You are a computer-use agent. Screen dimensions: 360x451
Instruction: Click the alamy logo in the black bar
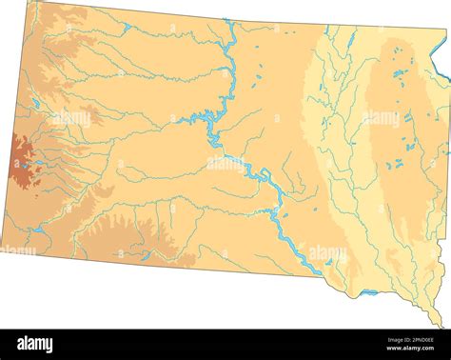[x=36, y=344]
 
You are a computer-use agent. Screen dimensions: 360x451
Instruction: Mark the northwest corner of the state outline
[x=29, y=2]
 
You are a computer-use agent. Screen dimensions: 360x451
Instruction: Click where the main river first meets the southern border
[x=319, y=275]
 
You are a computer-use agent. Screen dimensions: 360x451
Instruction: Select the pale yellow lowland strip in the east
[x=324, y=143]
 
